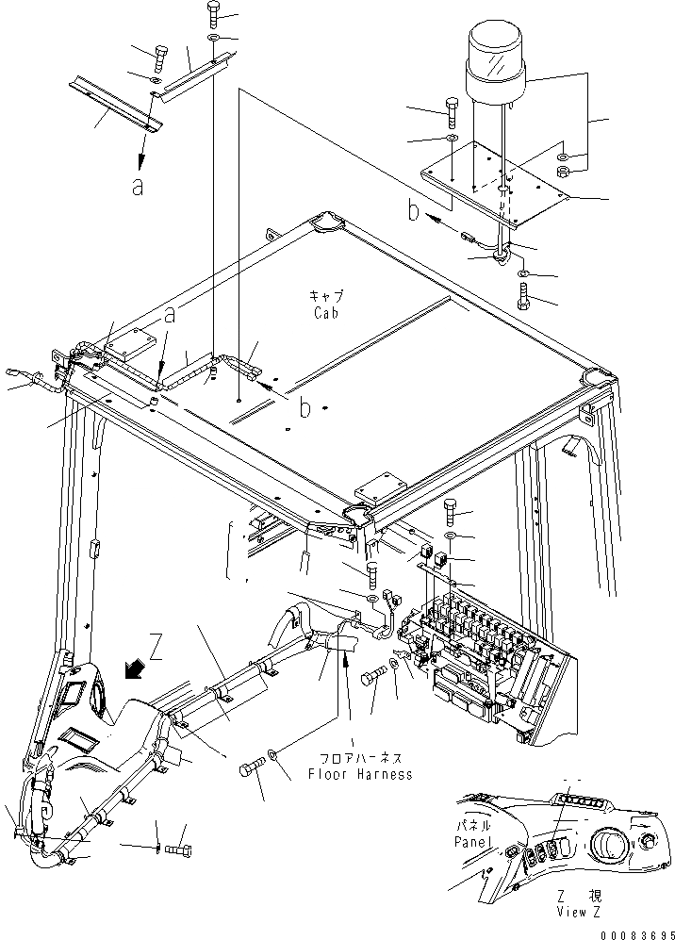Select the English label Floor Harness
tap(360, 774)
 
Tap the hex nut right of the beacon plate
tap(562, 172)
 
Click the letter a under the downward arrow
tap(138, 186)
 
